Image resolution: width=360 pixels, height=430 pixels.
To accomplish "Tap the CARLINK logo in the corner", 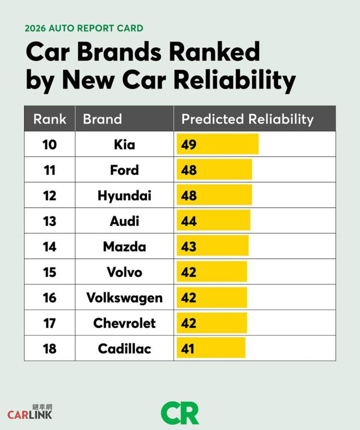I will point(30,412).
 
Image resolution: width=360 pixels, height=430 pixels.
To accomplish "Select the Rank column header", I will point(50,119).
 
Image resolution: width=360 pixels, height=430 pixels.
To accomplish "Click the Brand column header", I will point(102,119).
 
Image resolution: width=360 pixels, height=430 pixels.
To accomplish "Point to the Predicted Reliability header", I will point(247,119).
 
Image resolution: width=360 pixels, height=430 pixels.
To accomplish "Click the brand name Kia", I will point(124,145).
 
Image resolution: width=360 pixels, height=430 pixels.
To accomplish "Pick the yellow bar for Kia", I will point(218,144).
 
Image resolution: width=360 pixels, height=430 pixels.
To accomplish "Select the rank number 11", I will point(49,170).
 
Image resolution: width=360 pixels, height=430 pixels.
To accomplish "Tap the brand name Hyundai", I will point(124,196).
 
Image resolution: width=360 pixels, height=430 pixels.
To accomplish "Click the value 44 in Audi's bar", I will point(189,221).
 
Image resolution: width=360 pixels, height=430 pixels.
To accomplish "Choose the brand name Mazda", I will point(124,247).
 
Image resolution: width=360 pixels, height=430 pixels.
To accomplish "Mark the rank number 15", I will point(49,272).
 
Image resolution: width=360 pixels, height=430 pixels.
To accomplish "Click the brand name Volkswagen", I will point(124,298).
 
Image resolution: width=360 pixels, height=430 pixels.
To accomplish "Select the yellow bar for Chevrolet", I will point(212,323).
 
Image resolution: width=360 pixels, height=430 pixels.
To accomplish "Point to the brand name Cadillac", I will point(124,349).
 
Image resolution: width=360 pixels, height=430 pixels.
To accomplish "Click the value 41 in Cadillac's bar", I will point(188,349).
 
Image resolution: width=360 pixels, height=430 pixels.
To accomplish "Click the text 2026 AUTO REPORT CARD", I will point(84,28).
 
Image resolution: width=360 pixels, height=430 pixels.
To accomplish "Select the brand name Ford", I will point(124,170).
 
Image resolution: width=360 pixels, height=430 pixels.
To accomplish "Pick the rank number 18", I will point(49,349).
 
